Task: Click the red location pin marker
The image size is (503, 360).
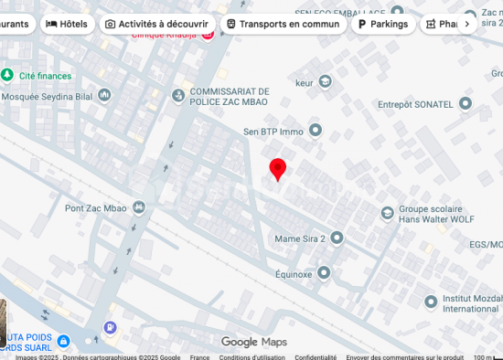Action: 278,169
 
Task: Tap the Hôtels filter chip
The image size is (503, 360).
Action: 69,24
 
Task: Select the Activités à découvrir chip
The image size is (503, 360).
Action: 156,24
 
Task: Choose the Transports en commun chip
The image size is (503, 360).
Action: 284,24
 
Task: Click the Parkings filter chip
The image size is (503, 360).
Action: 383,24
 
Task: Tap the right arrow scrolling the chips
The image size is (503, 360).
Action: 467,24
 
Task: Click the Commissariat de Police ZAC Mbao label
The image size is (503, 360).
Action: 230,96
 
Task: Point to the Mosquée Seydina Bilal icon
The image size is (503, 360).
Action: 105,94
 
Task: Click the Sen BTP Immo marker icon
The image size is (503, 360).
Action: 316,131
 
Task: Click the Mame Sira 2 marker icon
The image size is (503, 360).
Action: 336,238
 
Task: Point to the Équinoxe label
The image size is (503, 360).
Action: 294,273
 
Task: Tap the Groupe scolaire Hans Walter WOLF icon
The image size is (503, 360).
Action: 387,213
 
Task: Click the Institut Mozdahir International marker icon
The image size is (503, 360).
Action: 431,302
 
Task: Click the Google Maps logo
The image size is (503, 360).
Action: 253,342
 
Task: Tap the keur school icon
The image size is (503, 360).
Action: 325,82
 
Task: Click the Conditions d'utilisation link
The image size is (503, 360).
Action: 251,357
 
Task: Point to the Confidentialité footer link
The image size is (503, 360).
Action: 316,357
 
